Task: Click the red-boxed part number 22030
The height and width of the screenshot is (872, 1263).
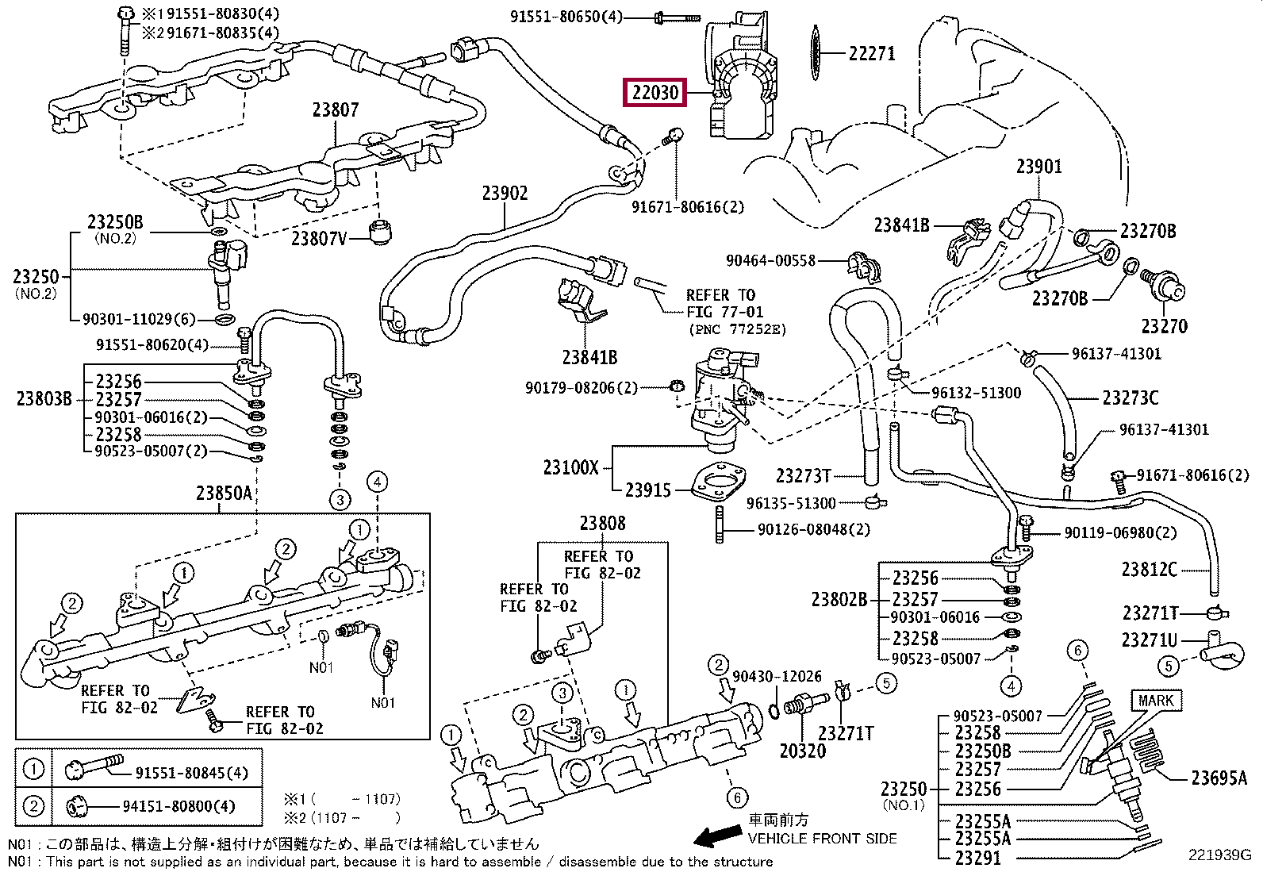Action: (655, 93)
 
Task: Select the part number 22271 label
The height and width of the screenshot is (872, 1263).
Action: (872, 53)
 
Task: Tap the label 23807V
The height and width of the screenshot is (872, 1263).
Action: (319, 237)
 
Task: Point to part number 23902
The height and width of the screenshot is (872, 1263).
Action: (505, 193)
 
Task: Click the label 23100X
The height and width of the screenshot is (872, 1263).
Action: (571, 467)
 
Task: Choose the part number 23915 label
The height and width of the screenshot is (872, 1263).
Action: (647, 490)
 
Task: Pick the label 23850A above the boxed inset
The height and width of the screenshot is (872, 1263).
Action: (224, 494)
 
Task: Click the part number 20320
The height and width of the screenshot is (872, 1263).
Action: (802, 751)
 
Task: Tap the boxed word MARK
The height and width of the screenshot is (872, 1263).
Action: (1155, 701)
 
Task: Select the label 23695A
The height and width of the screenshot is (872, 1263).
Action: (1219, 778)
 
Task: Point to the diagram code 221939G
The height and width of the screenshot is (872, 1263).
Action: (1219, 855)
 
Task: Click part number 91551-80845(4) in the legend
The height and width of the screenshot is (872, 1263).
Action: (191, 772)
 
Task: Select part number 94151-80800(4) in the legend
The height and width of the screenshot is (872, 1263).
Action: (179, 806)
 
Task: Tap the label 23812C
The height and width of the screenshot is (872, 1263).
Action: (1149, 569)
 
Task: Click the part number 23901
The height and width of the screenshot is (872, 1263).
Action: (1038, 167)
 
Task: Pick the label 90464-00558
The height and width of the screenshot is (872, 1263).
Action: (770, 260)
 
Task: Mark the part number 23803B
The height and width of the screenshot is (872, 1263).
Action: (44, 398)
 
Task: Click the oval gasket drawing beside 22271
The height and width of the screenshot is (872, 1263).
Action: (814, 53)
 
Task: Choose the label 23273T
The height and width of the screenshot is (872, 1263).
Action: (803, 475)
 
